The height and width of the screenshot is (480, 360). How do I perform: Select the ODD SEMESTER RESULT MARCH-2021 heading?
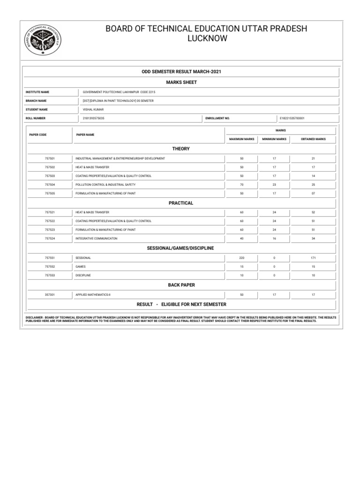[181, 71]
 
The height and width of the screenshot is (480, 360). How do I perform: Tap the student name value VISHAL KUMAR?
[93, 110]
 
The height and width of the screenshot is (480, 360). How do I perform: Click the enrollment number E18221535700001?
[292, 119]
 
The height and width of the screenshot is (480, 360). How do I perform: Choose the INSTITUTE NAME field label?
[37, 92]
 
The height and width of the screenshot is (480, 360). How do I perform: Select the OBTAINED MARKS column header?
[313, 139]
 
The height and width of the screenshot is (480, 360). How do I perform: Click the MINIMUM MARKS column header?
[274, 139]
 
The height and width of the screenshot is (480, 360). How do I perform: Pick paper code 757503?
[50, 176]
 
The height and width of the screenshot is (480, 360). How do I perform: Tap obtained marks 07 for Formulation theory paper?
[313, 193]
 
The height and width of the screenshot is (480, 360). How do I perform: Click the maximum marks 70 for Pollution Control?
[242, 185]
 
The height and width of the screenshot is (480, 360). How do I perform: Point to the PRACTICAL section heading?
[181, 203]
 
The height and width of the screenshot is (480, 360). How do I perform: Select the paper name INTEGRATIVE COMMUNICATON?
[97, 238]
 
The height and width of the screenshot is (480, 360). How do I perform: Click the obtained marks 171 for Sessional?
[313, 258]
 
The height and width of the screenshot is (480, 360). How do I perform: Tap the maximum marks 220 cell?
[242, 258]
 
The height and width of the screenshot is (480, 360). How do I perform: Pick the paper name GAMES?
[81, 266]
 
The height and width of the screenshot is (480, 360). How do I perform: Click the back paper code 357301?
[50, 295]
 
